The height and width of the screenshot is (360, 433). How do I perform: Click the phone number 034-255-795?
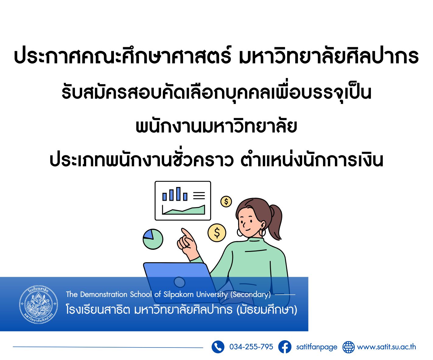[251, 347]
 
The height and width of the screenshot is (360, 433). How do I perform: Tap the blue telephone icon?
[218, 347]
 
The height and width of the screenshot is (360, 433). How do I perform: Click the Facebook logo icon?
[284, 347]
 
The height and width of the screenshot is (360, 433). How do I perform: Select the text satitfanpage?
[316, 347]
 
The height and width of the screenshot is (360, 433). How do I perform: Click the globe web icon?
[348, 347]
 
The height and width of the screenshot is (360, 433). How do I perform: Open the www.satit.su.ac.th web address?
[386, 347]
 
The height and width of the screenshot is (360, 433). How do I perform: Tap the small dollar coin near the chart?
[226, 202]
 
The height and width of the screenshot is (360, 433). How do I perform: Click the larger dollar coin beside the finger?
[217, 233]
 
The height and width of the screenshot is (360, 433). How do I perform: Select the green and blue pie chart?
[153, 239]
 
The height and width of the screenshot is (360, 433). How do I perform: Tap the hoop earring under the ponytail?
[262, 232]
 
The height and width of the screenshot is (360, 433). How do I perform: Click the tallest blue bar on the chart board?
[178, 194]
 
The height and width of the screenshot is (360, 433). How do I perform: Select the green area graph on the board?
[184, 210]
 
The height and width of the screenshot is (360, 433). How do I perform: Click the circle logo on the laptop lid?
[180, 282]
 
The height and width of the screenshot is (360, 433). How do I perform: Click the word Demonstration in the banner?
[104, 295]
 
